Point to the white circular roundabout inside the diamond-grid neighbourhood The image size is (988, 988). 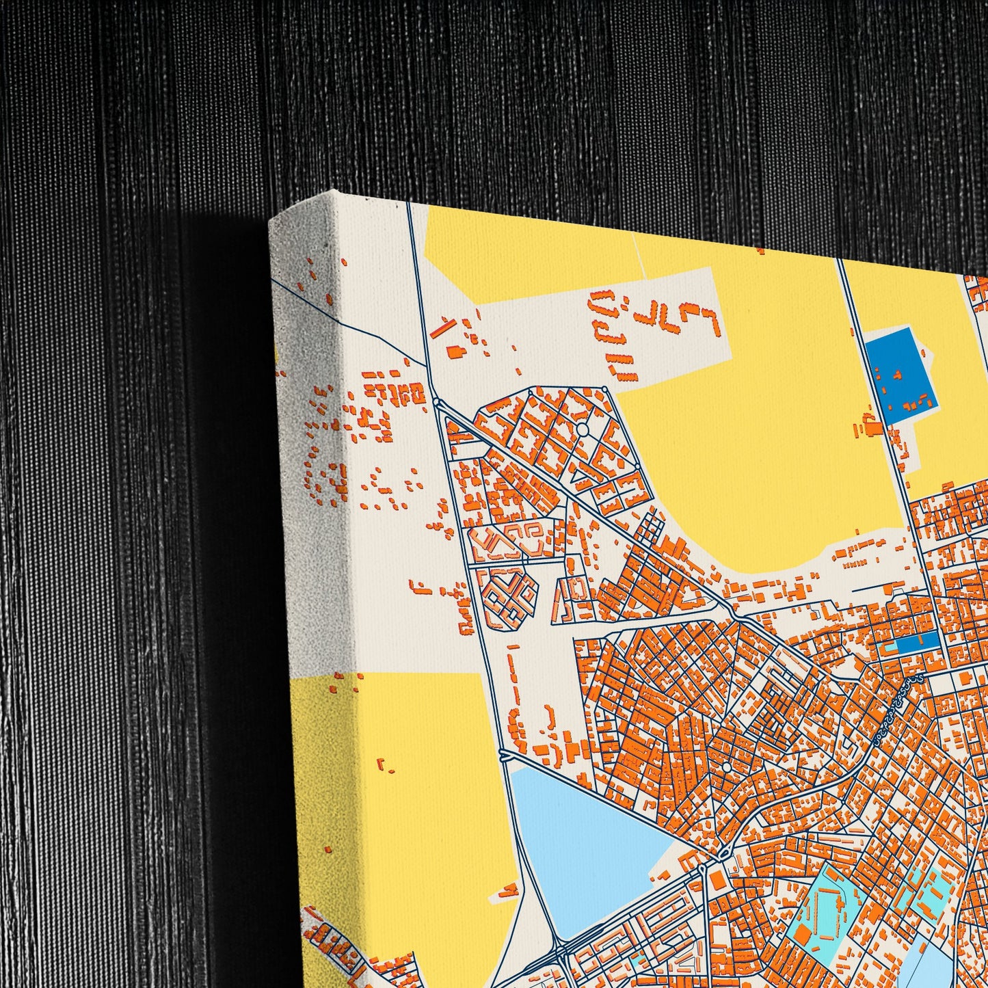point(583,429)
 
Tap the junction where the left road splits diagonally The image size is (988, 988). point(437,402)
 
